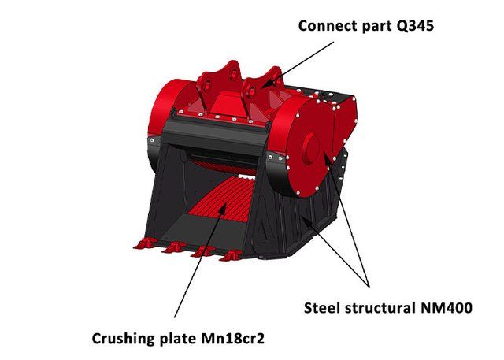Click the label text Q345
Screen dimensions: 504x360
[415, 26]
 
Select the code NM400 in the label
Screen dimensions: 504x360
[447, 308]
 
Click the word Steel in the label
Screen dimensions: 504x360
[322, 308]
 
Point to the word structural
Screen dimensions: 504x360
[380, 308]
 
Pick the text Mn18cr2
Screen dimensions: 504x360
[233, 339]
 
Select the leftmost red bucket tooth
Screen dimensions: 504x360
[146, 243]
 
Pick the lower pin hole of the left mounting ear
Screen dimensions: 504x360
[208, 85]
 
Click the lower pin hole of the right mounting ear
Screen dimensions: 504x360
[251, 91]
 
